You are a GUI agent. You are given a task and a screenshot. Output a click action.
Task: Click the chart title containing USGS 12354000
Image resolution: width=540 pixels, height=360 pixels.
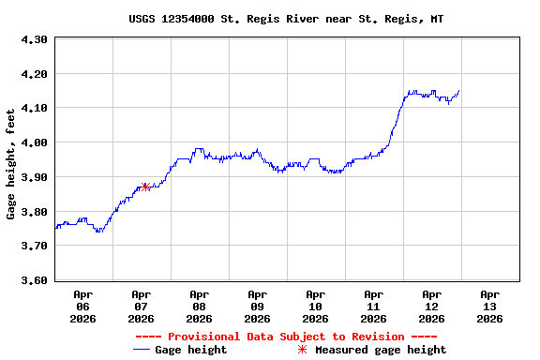[x=286, y=19]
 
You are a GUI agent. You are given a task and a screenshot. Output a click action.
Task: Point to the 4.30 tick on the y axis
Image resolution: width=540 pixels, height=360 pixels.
[x=34, y=39]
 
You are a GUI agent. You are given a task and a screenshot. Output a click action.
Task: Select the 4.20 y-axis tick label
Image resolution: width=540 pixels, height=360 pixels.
[x=34, y=74]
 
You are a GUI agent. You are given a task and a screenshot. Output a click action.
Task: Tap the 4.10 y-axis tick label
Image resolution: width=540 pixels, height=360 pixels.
[x=34, y=109]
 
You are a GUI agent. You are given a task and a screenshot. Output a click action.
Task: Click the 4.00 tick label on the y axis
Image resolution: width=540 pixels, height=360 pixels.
[x=34, y=142]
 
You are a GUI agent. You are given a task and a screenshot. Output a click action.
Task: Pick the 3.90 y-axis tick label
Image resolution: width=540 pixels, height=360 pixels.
[x=34, y=177]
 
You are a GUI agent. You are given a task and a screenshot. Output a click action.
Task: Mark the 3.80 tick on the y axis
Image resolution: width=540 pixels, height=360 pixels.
[x=34, y=212]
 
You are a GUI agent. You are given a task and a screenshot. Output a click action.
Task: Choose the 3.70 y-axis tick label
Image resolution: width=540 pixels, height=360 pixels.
[x=34, y=246]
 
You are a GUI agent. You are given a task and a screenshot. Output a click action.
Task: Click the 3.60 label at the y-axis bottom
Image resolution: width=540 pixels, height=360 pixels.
[x=34, y=280]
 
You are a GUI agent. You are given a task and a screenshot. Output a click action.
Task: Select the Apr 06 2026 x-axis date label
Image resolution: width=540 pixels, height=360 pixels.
[x=83, y=306]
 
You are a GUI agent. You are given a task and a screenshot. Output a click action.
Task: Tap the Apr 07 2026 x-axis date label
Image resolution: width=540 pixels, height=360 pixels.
[x=142, y=306]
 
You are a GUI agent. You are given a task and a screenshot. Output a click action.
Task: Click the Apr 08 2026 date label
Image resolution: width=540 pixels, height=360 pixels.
[x=200, y=306]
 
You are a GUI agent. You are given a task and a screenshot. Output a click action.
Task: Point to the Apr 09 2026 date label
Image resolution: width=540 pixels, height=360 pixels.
[x=258, y=306]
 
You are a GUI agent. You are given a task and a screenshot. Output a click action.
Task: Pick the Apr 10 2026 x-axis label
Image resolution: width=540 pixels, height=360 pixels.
[x=316, y=306]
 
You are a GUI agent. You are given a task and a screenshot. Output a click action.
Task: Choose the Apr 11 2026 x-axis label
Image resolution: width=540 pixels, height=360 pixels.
[x=374, y=306]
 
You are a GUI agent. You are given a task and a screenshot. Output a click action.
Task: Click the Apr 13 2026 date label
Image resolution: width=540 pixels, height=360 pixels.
[x=489, y=306]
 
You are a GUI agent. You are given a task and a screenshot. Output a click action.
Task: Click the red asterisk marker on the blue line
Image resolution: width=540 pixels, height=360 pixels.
[x=145, y=187]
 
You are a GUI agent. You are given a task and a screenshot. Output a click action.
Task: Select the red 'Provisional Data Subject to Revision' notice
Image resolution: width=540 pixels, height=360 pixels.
[x=286, y=337]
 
